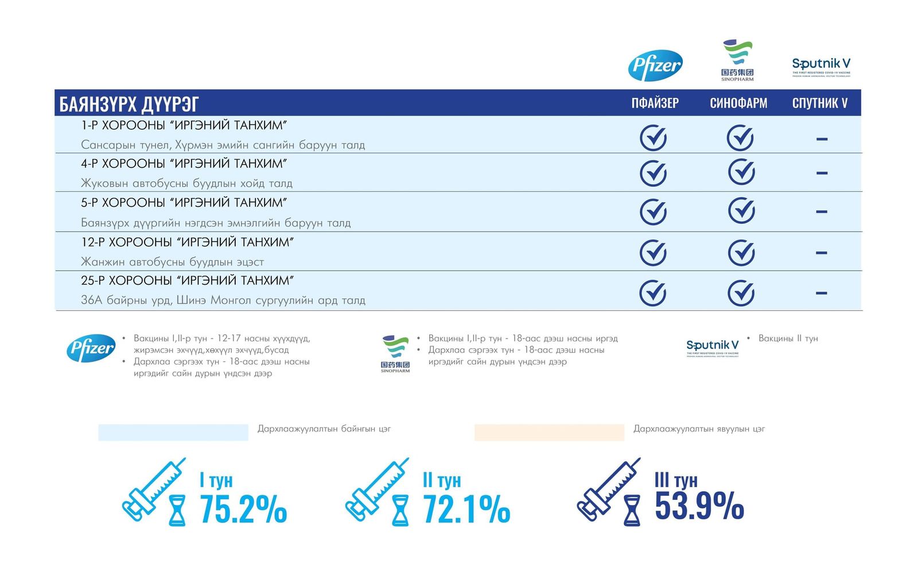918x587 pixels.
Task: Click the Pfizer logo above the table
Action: coord(655,65)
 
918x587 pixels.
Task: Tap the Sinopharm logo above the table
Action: coord(737,60)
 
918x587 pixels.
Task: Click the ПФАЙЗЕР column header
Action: coord(655,103)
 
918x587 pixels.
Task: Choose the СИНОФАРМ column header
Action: coord(738,103)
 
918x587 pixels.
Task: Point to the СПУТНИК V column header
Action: coord(820,103)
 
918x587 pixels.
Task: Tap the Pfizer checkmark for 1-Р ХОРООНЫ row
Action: coord(653,138)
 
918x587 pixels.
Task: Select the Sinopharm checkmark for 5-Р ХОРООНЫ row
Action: coord(741,211)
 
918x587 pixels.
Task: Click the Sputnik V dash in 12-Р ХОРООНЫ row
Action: coord(821,252)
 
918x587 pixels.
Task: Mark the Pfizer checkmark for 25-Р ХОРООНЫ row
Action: coord(653,293)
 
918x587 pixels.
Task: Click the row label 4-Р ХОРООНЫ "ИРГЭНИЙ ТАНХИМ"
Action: coord(184,164)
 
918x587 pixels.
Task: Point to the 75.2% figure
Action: coord(243,509)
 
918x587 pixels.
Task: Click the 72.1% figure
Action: coord(466,509)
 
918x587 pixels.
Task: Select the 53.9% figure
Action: coord(699,506)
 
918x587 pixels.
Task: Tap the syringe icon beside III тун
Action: coord(608,489)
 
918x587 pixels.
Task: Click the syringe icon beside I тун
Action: coord(154,489)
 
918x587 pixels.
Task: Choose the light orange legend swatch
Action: coord(549,433)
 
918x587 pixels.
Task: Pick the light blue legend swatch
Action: coord(173,433)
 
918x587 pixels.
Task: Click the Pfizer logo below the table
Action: coord(91,348)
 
